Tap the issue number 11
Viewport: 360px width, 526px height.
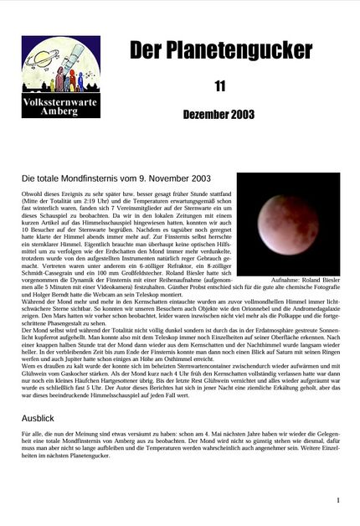(220, 85)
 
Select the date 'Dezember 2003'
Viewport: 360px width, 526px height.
(220, 114)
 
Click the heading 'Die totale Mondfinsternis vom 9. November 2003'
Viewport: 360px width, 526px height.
(116, 178)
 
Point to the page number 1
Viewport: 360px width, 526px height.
(338, 500)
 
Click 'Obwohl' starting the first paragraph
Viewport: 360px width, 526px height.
(32, 194)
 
